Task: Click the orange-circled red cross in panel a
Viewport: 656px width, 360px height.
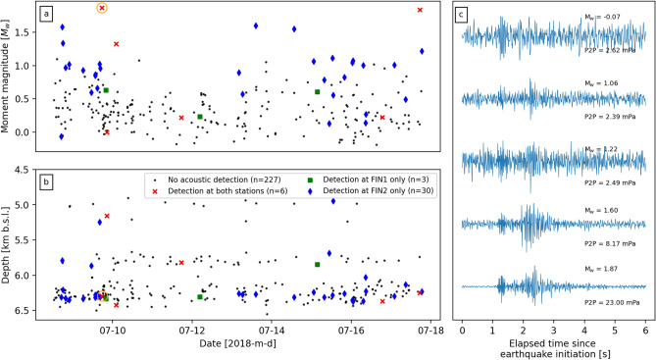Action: (102, 8)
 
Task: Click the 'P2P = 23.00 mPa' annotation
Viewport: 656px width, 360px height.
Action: (615, 309)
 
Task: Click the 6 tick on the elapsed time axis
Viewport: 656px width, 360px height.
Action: (646, 324)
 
